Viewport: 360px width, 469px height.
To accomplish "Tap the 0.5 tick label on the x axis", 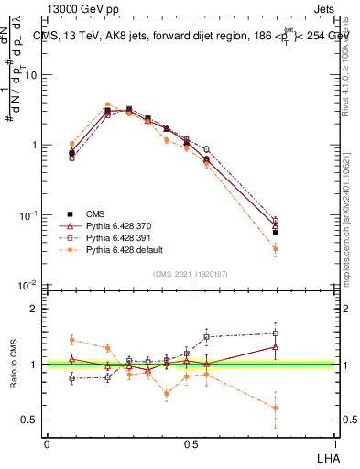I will tap(191, 442).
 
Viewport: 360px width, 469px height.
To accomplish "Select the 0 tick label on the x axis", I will tap(47, 442).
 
